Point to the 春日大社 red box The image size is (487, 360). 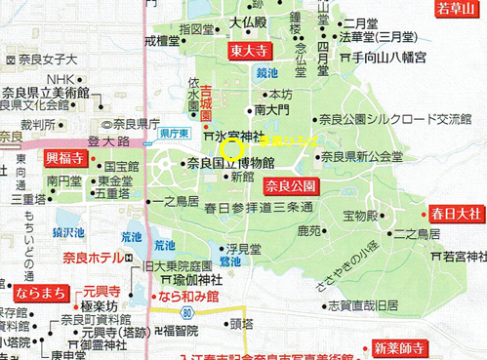[x=454, y=213]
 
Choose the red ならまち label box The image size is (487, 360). [x=35, y=291]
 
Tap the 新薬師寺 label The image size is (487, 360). [x=397, y=346]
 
